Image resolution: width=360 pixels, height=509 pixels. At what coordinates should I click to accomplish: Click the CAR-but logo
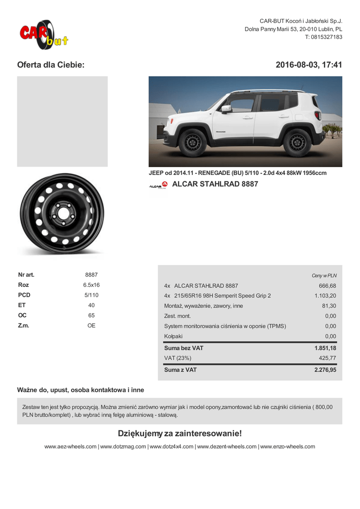[x=43, y=34]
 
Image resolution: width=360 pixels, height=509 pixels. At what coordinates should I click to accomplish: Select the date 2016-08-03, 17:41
[x=309, y=65]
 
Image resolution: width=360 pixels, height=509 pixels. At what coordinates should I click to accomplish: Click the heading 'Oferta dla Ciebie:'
[x=51, y=65]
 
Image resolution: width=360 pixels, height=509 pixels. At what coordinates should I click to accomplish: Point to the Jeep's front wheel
[x=192, y=142]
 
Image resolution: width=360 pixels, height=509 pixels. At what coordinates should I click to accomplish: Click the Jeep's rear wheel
[x=297, y=142]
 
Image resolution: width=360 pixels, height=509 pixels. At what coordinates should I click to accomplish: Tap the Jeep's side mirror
[x=227, y=108]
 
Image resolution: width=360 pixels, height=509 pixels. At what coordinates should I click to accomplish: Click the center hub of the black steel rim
[x=62, y=214]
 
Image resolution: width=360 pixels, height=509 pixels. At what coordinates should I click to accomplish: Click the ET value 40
[x=91, y=305]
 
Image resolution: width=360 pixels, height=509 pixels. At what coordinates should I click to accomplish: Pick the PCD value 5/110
[x=91, y=295]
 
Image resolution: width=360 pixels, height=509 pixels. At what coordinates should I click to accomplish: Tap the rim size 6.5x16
[x=91, y=285]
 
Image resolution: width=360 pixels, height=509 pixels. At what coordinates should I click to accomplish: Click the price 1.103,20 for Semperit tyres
[x=325, y=296]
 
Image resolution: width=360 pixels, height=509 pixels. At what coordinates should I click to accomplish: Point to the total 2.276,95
[x=325, y=370]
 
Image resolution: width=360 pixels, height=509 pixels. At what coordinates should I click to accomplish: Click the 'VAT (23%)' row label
[x=178, y=358]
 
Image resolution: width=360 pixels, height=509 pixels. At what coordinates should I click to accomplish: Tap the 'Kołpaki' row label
[x=174, y=337]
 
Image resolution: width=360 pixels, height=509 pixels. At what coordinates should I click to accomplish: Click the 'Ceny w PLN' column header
[x=324, y=275]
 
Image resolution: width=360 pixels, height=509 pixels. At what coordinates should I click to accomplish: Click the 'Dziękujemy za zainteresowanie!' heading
[x=180, y=433]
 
